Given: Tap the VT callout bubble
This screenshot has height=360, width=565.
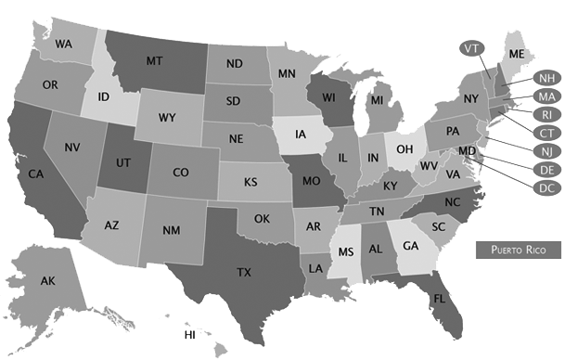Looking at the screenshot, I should point(470,47).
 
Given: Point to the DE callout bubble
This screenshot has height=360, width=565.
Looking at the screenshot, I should point(546,169).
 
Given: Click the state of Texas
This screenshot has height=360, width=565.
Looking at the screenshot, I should point(244,271).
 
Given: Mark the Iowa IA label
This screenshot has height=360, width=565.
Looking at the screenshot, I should point(302,134).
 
